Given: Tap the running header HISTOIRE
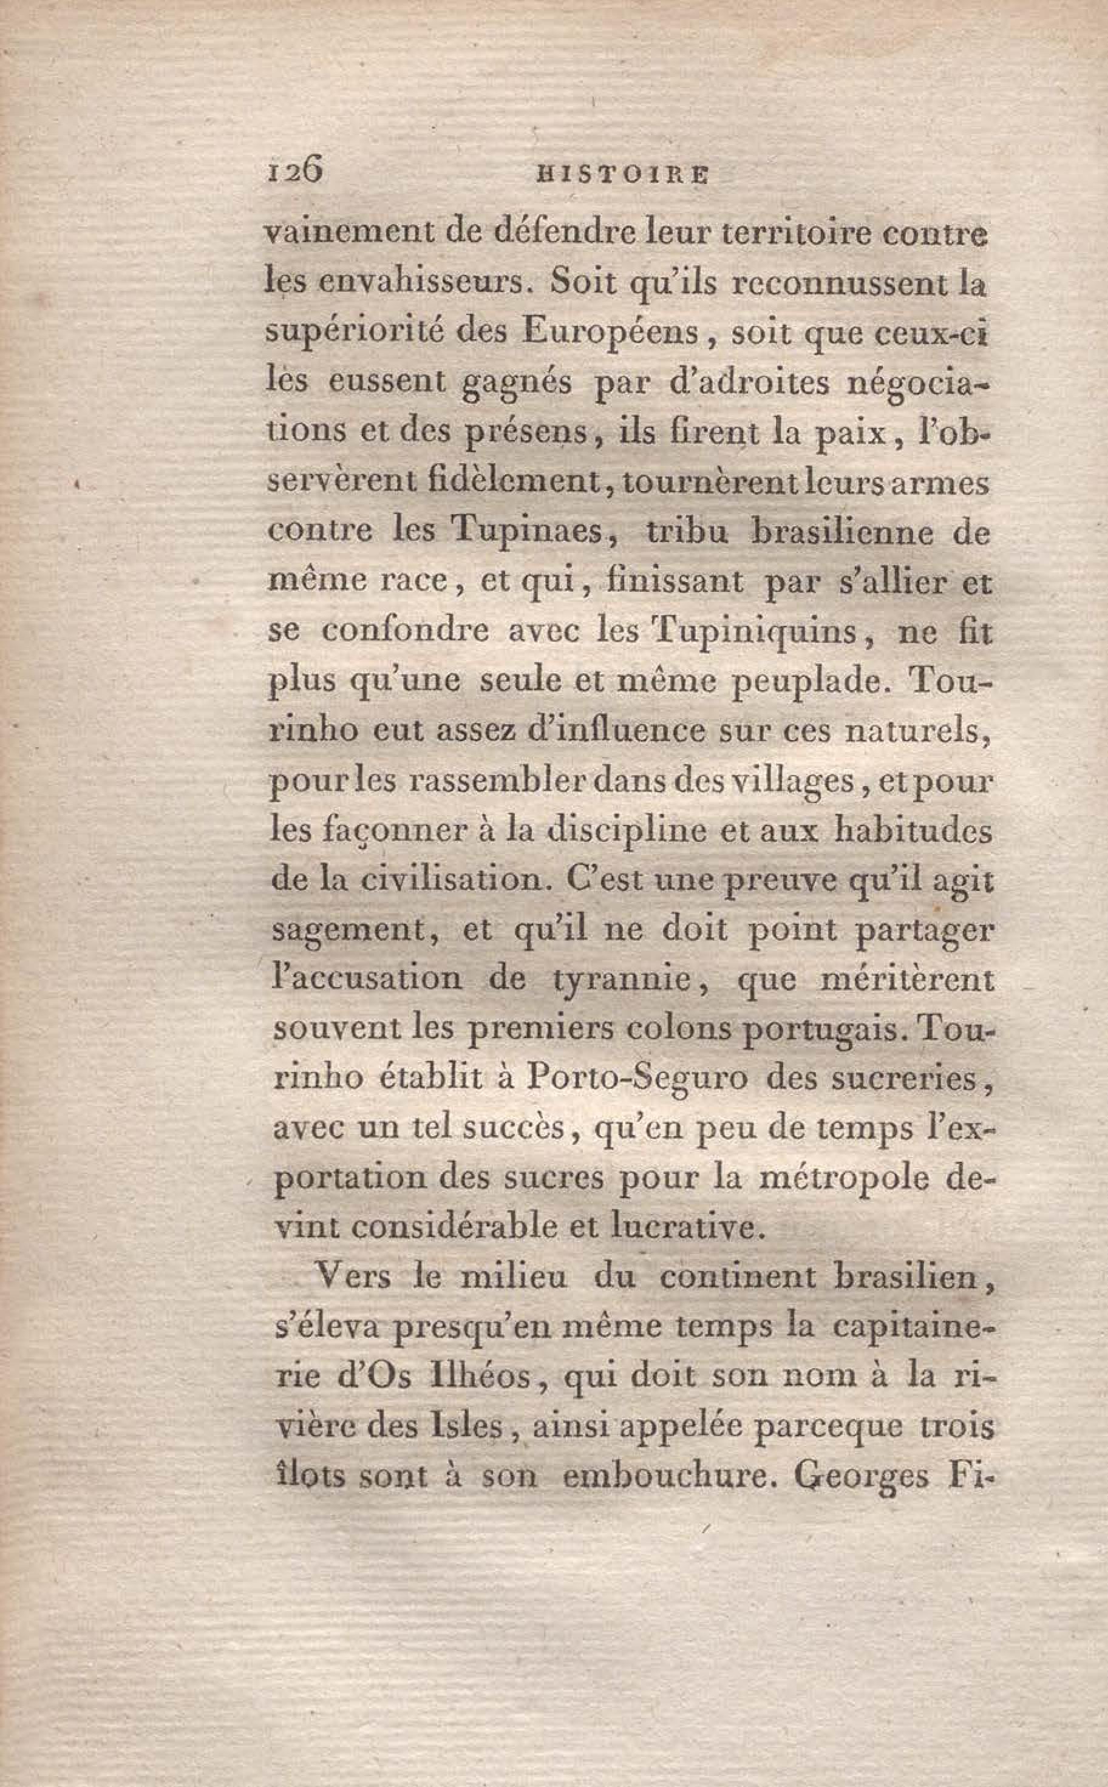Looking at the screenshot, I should tap(622, 177).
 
